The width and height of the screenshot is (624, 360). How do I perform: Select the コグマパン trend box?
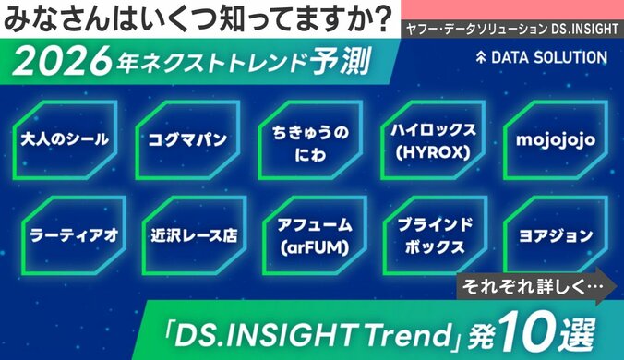187,140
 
